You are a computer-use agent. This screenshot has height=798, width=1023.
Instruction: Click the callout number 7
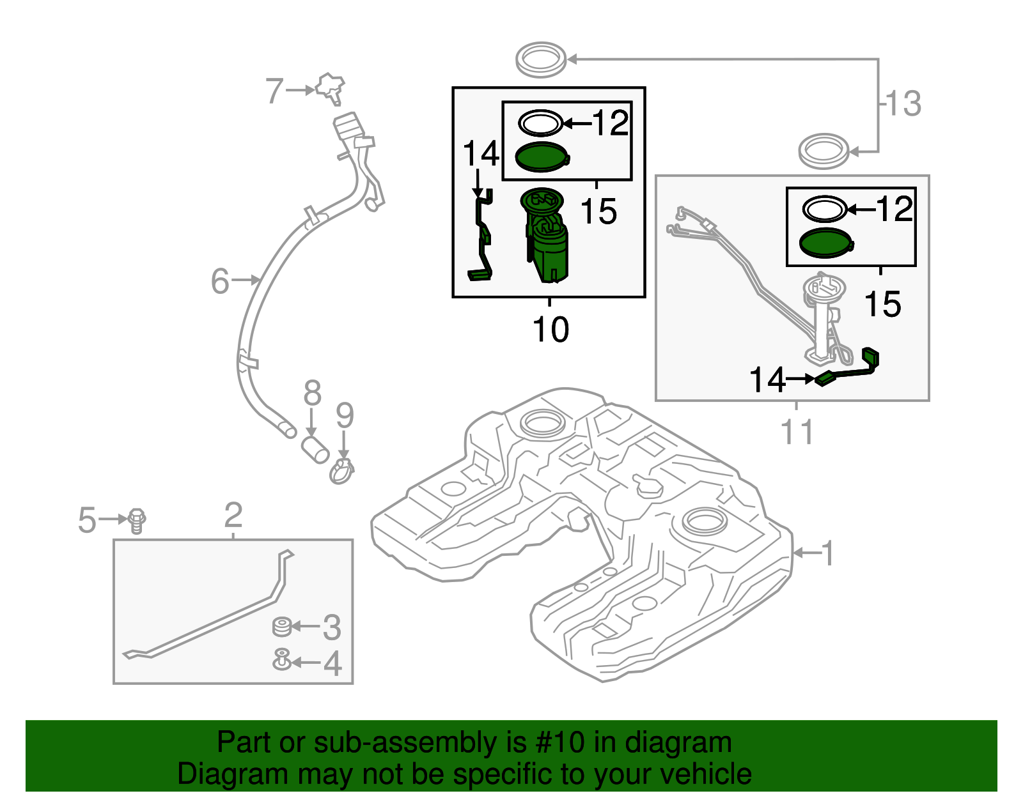(x=274, y=91)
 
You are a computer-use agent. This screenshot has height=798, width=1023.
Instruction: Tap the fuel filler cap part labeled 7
(x=331, y=88)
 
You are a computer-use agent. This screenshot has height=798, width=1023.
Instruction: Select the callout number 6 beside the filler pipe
(x=220, y=281)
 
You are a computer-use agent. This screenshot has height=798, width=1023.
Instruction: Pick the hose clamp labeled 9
(x=342, y=472)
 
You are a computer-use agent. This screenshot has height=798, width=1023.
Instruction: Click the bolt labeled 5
(x=137, y=520)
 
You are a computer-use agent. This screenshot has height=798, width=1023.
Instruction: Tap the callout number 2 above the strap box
(x=233, y=515)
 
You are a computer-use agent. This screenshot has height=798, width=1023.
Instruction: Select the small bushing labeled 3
(x=281, y=627)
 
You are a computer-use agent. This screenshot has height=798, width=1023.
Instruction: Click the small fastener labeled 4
(x=281, y=659)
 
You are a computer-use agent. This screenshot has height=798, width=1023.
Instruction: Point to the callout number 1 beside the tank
(x=828, y=553)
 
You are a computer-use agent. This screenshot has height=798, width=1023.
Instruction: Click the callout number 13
(x=903, y=104)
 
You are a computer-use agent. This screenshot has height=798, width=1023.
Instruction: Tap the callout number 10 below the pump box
(x=551, y=330)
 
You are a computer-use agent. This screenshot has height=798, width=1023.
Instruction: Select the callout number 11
(x=797, y=432)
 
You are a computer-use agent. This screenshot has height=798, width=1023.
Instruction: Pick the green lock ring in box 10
(x=542, y=157)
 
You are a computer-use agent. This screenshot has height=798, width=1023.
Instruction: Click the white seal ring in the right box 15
(x=825, y=209)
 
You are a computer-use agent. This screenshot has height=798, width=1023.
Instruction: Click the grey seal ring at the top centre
(x=541, y=59)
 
